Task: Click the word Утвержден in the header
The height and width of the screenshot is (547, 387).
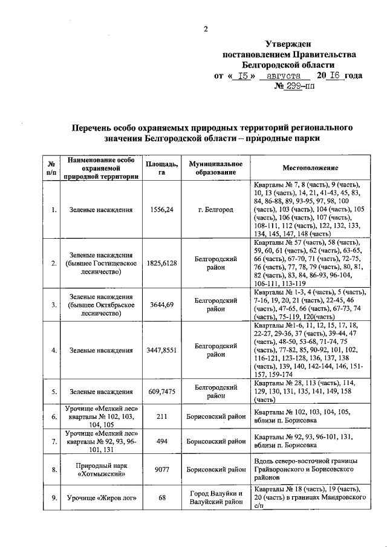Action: [x=287, y=44]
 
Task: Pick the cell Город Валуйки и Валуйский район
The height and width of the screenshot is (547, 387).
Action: [x=216, y=497]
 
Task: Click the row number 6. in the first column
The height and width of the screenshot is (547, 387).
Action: [x=54, y=416]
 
